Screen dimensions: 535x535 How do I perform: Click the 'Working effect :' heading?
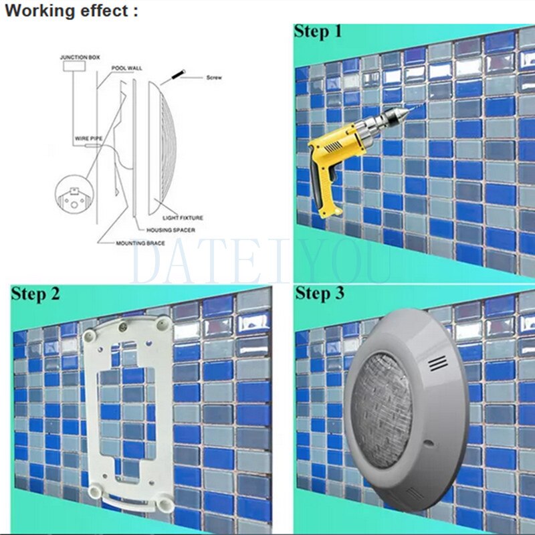[72, 11]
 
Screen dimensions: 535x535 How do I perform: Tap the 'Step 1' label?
[318, 32]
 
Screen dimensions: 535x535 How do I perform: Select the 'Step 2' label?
[35, 294]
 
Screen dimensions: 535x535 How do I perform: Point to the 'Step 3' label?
[320, 294]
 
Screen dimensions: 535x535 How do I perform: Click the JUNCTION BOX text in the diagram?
[80, 58]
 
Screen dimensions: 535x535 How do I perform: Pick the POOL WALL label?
[127, 68]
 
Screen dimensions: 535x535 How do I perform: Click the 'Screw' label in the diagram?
[214, 78]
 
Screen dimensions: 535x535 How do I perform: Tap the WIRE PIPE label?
[89, 138]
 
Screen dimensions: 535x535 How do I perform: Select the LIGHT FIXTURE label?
[183, 218]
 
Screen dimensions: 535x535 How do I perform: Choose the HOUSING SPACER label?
[171, 230]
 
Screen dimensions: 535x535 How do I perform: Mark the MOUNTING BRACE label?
[140, 243]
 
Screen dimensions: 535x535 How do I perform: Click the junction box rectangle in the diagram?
[74, 66]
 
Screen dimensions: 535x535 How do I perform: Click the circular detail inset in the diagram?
[74, 195]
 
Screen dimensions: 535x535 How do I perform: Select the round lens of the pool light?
[382, 410]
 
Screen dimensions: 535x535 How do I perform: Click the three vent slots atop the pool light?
[439, 363]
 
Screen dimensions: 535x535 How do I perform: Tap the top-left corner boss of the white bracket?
[89, 336]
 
